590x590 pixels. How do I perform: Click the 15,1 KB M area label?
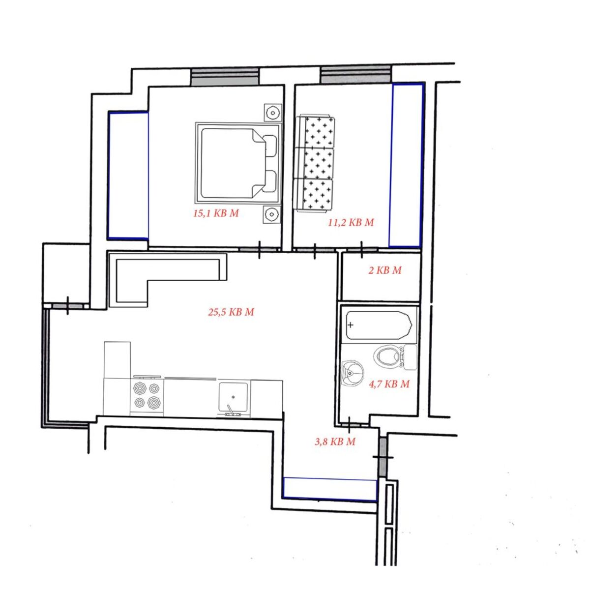coord(216,213)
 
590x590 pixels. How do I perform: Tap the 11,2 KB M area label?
coord(351,223)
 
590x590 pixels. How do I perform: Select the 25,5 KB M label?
coord(231,312)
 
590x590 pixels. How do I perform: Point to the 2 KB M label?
coord(385,270)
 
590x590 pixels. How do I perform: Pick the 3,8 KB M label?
coord(335,442)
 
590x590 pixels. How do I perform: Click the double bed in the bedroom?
coord(238,163)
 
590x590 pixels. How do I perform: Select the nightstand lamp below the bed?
coord(272,214)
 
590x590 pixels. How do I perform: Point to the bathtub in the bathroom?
coord(379,325)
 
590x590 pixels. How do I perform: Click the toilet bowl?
coord(395,357)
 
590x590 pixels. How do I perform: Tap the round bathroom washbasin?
coord(352,374)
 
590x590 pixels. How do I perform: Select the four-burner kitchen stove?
coord(147,395)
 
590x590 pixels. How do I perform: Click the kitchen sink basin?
coord(234,398)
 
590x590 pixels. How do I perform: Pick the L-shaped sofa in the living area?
coord(168,279)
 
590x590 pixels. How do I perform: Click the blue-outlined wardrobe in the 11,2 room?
coord(406,165)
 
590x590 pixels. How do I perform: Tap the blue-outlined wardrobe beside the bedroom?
coord(128,176)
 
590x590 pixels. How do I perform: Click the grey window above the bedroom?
coord(225,77)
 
